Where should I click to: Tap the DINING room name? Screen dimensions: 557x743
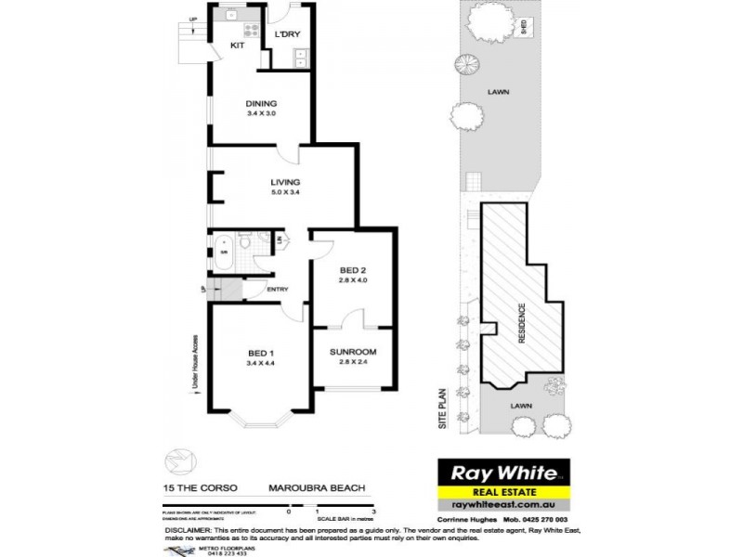click(x=261, y=103)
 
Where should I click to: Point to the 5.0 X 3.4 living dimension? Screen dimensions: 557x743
click(x=283, y=192)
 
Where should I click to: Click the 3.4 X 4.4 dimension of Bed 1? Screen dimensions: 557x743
click(x=261, y=363)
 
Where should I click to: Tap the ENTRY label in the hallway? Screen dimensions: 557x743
click(x=277, y=290)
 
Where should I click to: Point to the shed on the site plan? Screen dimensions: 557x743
click(x=525, y=27)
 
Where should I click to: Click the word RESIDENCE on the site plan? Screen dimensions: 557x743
click(x=522, y=322)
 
